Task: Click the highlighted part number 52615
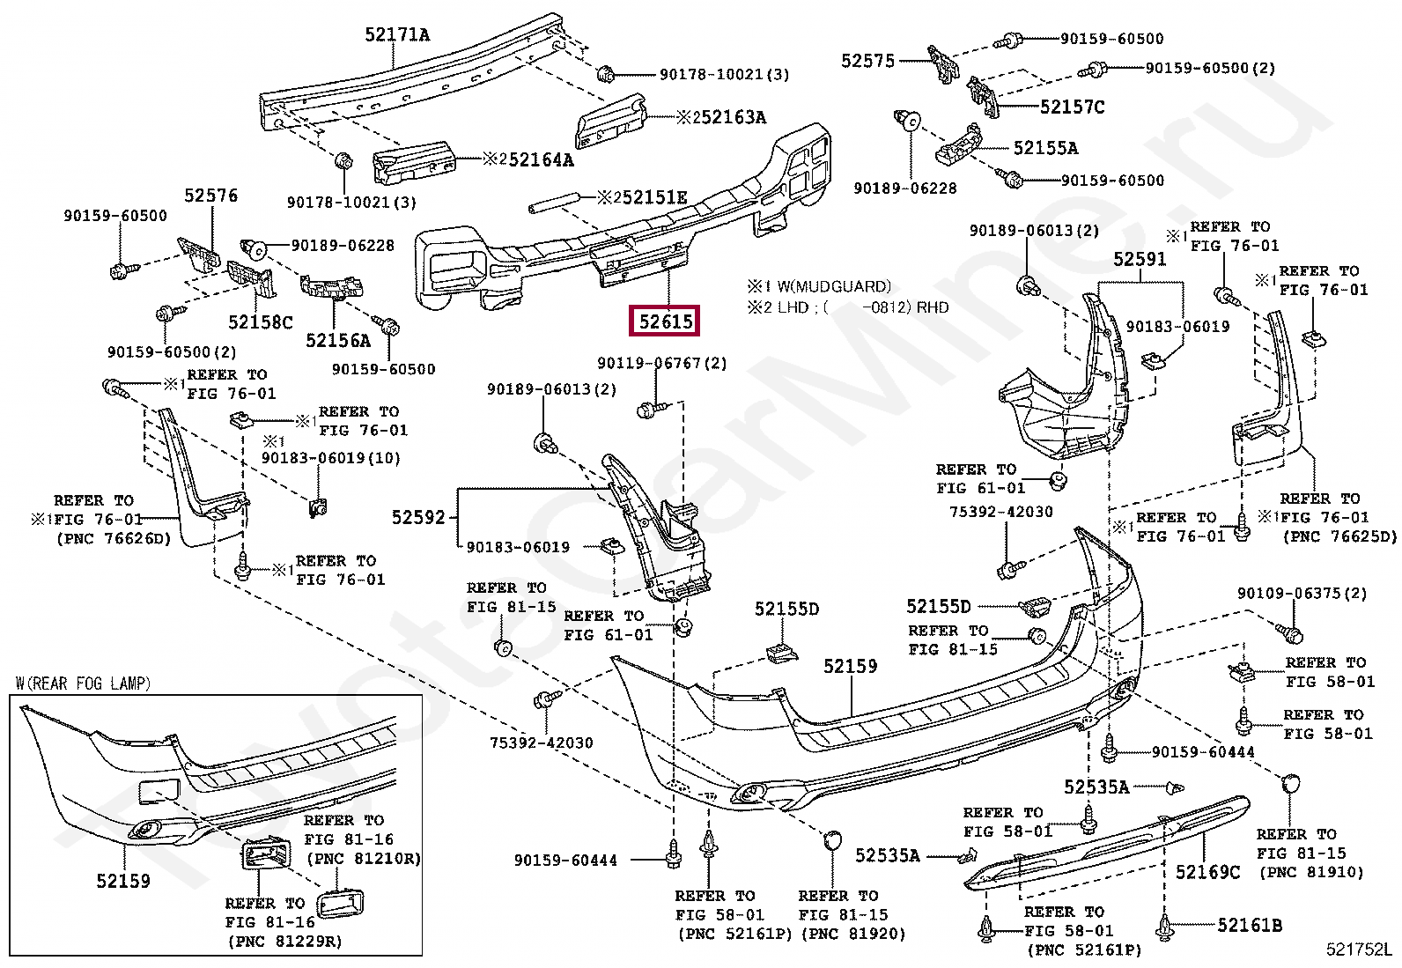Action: tap(665, 321)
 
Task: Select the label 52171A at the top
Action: tap(397, 34)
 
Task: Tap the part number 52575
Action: tap(868, 61)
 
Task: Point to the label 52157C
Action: tap(1072, 107)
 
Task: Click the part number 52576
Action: tap(211, 196)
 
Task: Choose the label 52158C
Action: tap(261, 321)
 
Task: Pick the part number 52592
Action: tap(418, 517)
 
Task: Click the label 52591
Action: tap(1140, 259)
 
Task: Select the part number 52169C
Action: tap(1208, 872)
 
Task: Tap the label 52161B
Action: tap(1250, 925)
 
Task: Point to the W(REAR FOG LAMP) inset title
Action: tap(84, 684)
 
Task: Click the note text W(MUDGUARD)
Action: tap(834, 287)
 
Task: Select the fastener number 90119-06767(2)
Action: tap(662, 363)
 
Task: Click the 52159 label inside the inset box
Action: tap(123, 881)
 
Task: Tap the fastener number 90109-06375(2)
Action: tap(1302, 593)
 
